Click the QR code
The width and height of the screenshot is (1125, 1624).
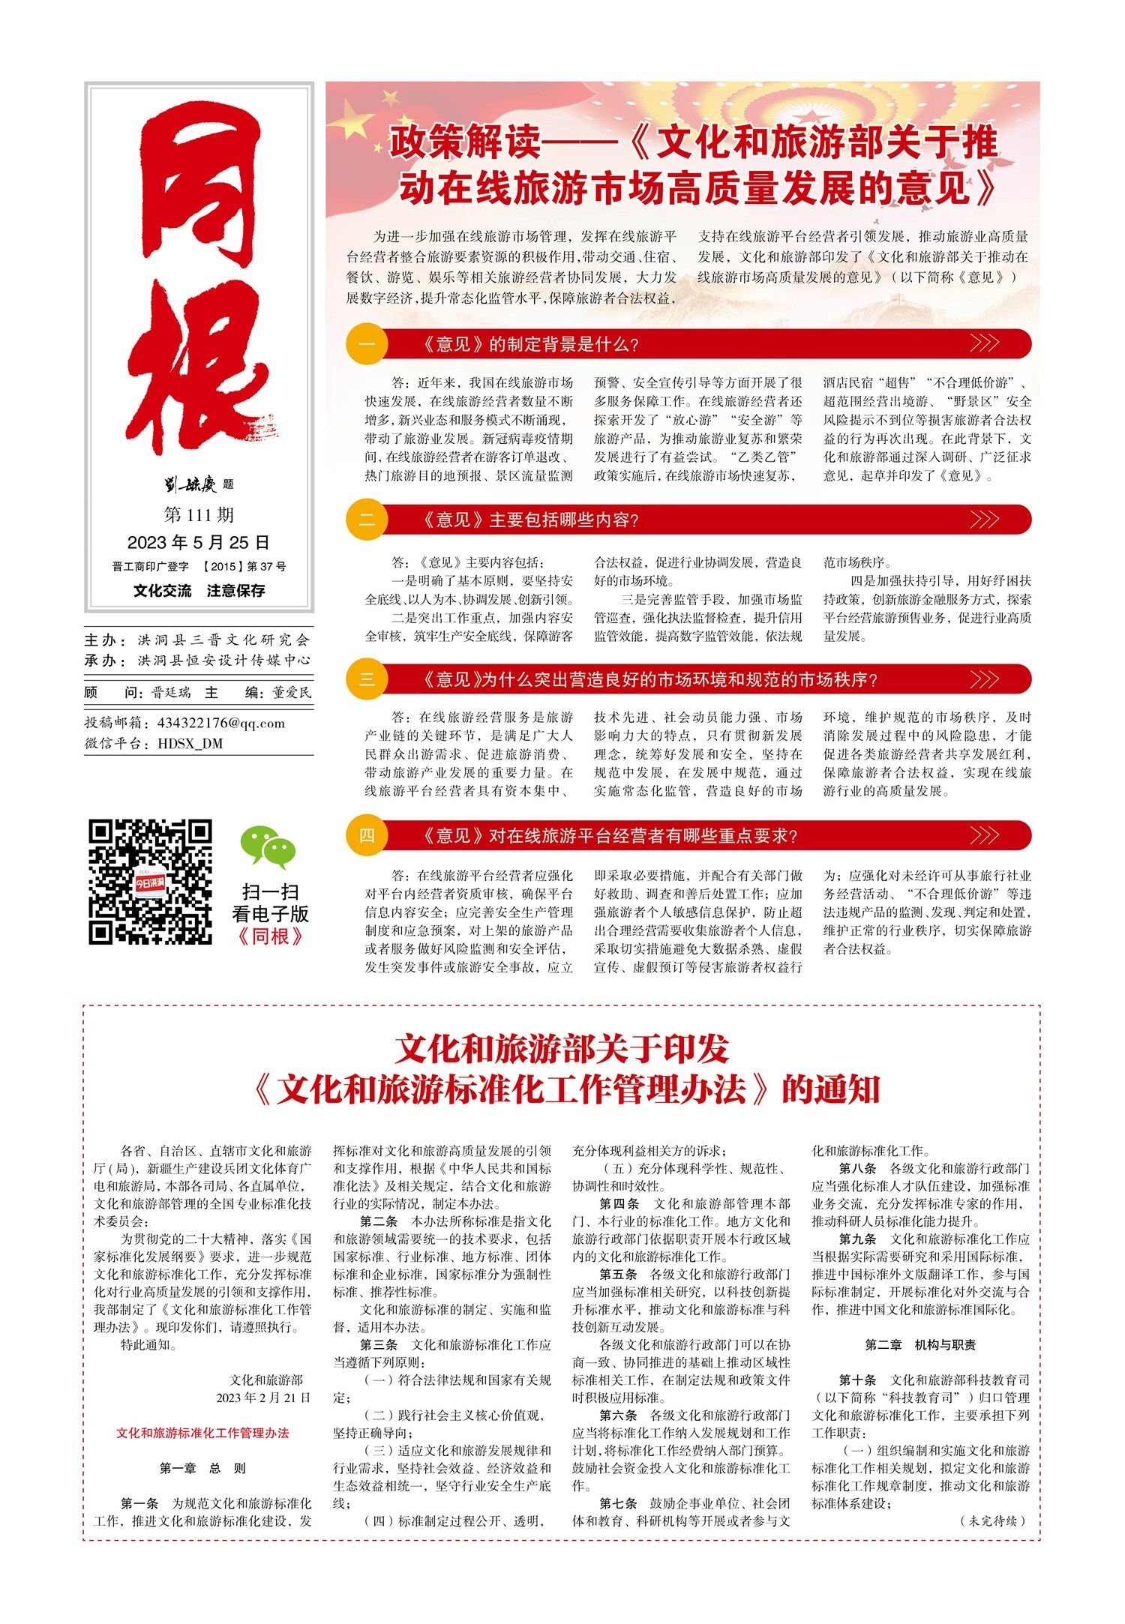pos(150,882)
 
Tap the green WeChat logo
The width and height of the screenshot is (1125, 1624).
pos(268,847)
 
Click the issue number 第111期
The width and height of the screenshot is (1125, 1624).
pos(199,515)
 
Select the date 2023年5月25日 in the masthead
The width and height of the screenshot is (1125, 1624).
pos(199,542)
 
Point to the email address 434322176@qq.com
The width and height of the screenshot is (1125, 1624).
pos(221,724)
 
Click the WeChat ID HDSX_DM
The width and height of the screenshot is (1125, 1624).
pos(190,744)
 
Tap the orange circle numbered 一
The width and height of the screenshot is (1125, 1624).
pos(367,345)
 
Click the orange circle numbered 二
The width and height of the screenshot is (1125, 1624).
pos(367,520)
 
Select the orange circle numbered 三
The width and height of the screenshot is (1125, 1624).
pos(367,679)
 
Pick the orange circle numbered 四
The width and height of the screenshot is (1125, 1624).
pos(367,836)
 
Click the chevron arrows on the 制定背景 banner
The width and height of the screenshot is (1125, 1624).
pos(984,344)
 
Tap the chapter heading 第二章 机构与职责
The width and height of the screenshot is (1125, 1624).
pos(920,1345)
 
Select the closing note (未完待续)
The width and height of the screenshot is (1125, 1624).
pos(992,1521)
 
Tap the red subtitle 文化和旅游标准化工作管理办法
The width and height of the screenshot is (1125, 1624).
pos(202,1433)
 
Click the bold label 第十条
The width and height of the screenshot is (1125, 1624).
pos(857,1380)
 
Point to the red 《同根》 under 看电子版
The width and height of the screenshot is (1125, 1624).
pos(270,936)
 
